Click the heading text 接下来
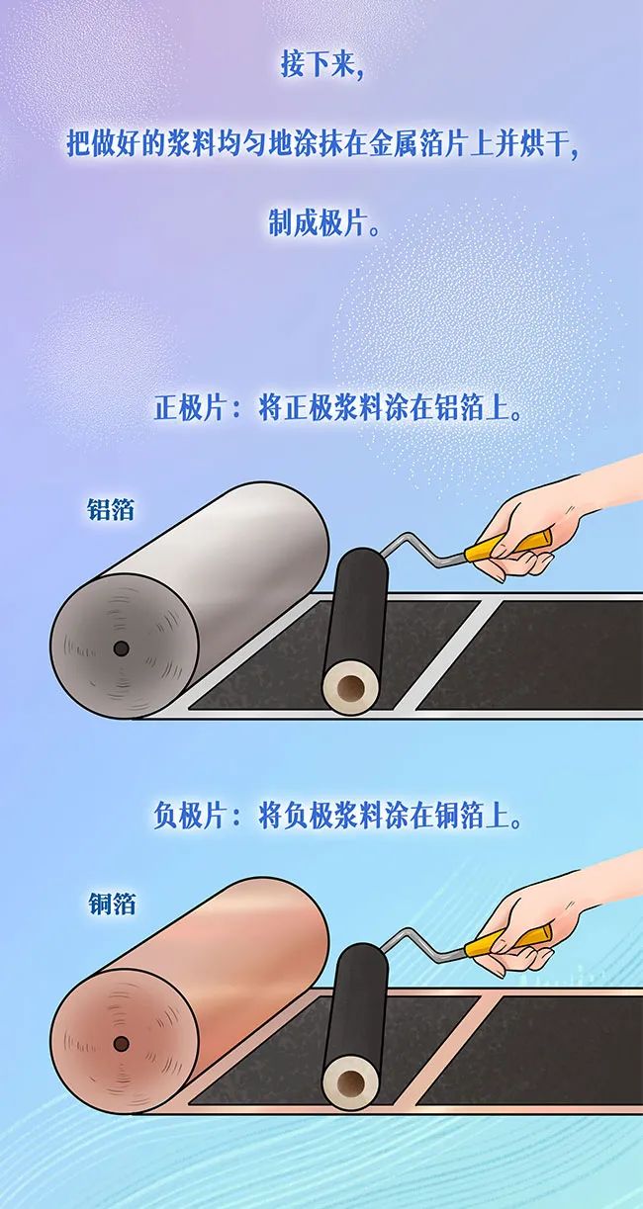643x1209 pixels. pos(322,65)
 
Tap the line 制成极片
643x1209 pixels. pos(322,221)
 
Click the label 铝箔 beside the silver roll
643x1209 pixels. pos(111,508)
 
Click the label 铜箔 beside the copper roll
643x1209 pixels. pos(112,904)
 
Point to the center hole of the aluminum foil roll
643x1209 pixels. pos(121,648)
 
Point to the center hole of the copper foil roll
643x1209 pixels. pos(121,1044)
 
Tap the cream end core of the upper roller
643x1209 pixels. pos(350,689)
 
